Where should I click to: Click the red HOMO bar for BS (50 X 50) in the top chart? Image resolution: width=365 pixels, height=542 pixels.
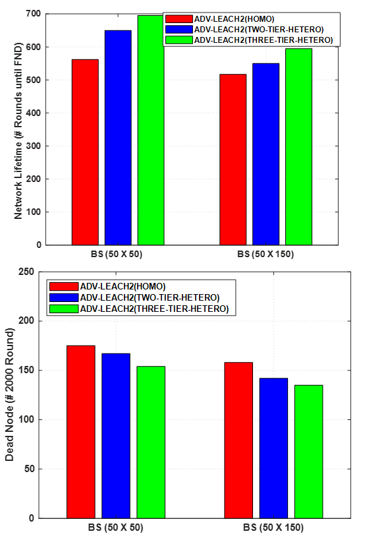(x=85, y=152)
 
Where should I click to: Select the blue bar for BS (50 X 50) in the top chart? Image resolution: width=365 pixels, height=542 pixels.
(x=118, y=138)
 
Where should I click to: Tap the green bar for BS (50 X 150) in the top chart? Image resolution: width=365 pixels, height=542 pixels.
(x=298, y=146)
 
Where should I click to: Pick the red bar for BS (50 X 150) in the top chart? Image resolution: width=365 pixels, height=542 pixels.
(x=233, y=160)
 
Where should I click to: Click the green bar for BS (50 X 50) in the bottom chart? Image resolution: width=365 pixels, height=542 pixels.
(x=151, y=442)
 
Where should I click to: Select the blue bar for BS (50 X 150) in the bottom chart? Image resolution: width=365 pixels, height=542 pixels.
(x=273, y=448)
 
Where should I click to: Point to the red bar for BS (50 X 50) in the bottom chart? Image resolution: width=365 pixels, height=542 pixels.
(x=81, y=432)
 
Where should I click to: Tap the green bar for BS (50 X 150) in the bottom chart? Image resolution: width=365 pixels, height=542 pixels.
(x=309, y=452)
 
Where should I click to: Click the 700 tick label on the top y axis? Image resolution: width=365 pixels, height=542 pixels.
(x=34, y=14)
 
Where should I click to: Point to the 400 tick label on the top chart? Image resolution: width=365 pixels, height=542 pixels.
(x=34, y=113)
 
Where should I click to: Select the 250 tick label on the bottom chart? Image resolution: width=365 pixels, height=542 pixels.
(x=26, y=272)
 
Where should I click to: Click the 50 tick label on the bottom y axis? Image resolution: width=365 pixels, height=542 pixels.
(x=30, y=469)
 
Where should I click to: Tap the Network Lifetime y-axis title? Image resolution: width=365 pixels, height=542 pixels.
(x=18, y=131)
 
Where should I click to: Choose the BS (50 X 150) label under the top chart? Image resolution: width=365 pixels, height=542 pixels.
(x=266, y=255)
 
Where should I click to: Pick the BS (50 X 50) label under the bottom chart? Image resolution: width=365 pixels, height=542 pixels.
(x=115, y=528)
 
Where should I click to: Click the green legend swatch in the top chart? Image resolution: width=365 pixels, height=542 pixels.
(x=179, y=40)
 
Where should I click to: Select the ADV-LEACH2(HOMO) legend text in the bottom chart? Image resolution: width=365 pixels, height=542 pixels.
(x=123, y=287)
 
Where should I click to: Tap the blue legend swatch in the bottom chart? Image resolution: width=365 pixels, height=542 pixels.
(x=64, y=297)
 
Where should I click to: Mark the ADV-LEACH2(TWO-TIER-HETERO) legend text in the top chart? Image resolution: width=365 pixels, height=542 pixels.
(x=259, y=30)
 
